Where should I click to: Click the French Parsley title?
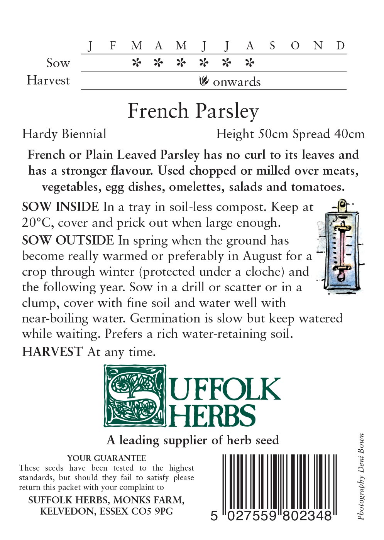tap(193, 111)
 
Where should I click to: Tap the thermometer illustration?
tap(340, 246)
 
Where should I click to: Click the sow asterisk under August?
tap(250, 62)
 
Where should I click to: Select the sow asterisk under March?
tap(136, 62)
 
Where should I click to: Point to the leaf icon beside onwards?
tap(204, 81)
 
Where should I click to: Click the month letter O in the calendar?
tap(295, 46)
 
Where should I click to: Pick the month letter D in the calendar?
tap(340, 46)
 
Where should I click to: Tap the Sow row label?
tap(58, 63)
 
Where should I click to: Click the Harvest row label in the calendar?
tap(48, 81)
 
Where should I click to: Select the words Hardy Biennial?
tap(64, 134)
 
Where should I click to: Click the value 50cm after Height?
tap(273, 134)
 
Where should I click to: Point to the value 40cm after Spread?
tap(349, 134)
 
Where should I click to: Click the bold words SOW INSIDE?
tap(61, 207)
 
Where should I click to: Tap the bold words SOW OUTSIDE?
tap(68, 241)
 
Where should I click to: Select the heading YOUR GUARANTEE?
tap(107, 458)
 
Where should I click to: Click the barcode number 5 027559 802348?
tap(271, 515)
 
